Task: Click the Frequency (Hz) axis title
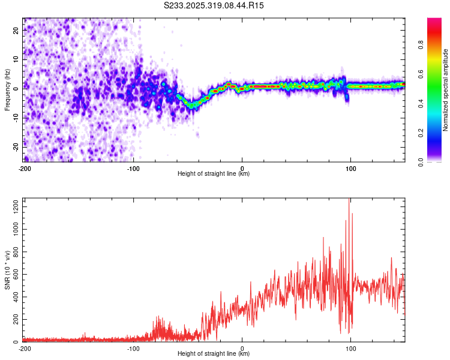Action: [7, 89]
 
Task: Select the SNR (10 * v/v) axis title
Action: [7, 271]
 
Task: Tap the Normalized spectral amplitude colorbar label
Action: [446, 90]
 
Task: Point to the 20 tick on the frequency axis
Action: [17, 31]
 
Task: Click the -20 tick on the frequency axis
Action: [16, 145]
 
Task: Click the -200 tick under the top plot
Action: [25, 168]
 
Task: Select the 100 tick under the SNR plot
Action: [351, 349]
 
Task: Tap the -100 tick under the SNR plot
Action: [133, 349]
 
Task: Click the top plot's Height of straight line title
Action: [214, 174]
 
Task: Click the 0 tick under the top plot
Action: [242, 168]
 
